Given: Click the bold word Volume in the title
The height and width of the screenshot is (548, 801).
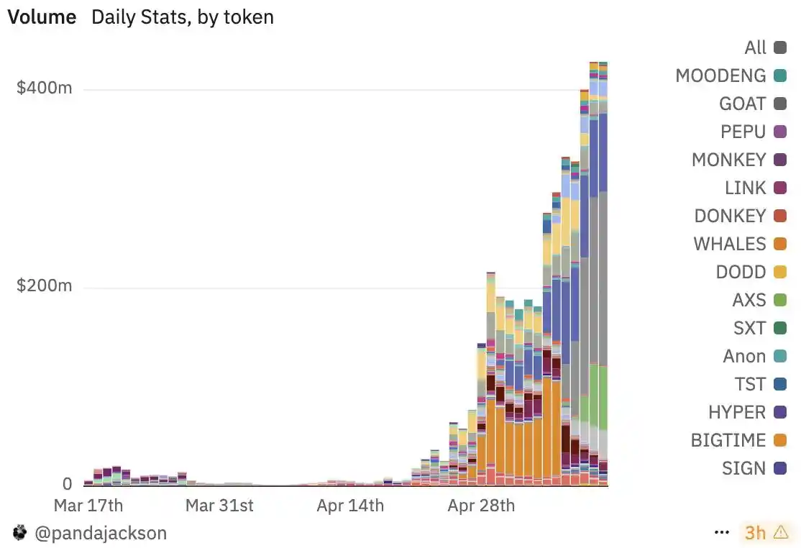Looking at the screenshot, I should point(42,17).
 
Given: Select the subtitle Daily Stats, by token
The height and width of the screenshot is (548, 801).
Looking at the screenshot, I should point(183,17).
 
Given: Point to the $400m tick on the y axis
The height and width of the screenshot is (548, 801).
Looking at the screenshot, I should point(45,88).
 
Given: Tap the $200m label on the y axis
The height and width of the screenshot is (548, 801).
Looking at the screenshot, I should point(45,286).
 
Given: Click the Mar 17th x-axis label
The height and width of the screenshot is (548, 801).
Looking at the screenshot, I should point(88,505).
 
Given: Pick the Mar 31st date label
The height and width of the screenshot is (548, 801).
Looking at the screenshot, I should point(219,505).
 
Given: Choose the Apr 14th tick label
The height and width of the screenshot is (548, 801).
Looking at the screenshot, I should point(350,505).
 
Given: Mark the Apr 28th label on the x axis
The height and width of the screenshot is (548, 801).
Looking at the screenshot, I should point(481,505).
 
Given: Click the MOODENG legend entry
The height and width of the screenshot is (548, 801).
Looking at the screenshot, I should point(720,76).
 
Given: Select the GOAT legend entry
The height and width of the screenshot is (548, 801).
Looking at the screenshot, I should point(742,104).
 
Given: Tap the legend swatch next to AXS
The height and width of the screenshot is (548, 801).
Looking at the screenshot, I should point(779,300).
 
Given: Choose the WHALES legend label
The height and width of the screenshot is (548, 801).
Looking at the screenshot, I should point(730,244).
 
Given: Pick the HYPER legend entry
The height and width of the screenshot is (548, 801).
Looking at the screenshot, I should point(737,412).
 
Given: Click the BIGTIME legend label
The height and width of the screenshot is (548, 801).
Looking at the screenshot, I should point(728,440).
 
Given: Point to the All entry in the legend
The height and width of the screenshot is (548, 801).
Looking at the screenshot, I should point(756,47).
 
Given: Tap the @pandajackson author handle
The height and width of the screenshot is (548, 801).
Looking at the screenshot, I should point(100,533).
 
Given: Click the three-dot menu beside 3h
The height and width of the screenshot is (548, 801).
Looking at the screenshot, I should point(722,533).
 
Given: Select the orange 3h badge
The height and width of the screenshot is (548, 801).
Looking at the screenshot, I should point(756,533).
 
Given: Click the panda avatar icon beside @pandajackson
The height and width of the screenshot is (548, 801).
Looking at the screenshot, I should point(19,533).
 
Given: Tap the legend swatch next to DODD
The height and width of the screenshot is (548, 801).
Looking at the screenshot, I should point(779,272).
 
